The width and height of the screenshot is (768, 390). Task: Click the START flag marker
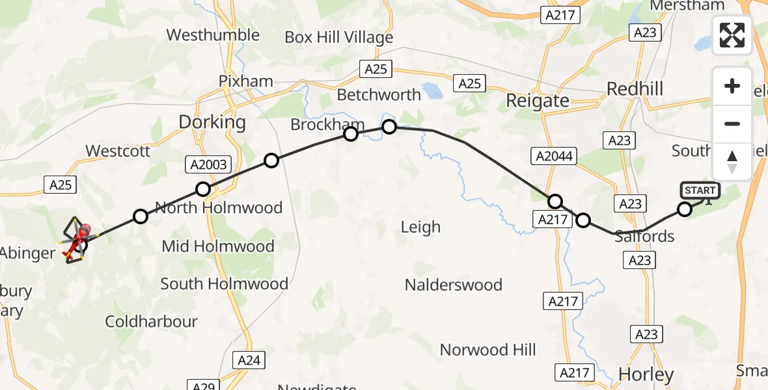pyautogui.click(x=700, y=190)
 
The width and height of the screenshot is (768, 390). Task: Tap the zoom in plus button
pyautogui.click(x=732, y=86)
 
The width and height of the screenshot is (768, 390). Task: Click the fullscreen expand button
pyautogui.click(x=732, y=35)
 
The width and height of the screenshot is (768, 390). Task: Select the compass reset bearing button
pyautogui.click(x=732, y=161)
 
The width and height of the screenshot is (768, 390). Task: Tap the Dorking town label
pyautogui.click(x=212, y=122)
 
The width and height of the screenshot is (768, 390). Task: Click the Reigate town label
pyautogui.click(x=537, y=101)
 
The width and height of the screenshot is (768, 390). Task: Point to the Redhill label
pyautogui.click(x=635, y=88)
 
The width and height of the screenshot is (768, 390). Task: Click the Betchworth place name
pyautogui.click(x=379, y=95)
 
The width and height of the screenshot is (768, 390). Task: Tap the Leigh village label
pyautogui.click(x=420, y=227)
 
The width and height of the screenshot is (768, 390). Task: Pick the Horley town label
pyautogui.click(x=646, y=374)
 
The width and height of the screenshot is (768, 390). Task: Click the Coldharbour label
pyautogui.click(x=151, y=321)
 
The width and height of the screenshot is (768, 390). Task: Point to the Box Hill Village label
pyautogui.click(x=339, y=38)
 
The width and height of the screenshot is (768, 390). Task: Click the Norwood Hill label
pyautogui.click(x=487, y=350)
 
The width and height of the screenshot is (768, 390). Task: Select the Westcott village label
pyautogui.click(x=118, y=151)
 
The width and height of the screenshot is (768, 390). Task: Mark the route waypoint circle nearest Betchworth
pyautogui.click(x=389, y=127)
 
